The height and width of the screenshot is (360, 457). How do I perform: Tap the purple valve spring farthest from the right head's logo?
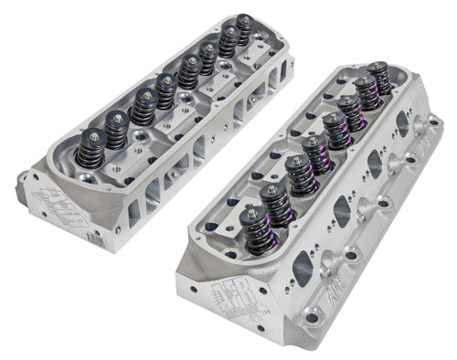coord(377,76)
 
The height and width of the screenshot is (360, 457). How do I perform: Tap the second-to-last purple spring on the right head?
coord(366,91)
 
